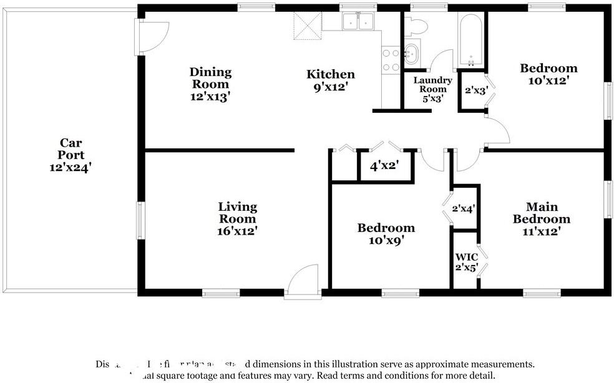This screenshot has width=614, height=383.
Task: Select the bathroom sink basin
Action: [x=411, y=54]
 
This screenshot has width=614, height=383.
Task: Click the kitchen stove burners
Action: [x=391, y=60]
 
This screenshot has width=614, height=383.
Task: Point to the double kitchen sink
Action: [x=358, y=22]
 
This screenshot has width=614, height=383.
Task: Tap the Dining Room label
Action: [x=210, y=78]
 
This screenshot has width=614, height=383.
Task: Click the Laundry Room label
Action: [x=432, y=85]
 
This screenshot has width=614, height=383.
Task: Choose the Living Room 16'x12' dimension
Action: [x=237, y=231]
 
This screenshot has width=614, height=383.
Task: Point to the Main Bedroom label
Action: [x=541, y=213]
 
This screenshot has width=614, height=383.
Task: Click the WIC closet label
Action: [x=466, y=257]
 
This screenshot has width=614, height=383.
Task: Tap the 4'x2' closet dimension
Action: [x=384, y=167]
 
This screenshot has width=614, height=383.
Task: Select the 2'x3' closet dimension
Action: [x=477, y=90]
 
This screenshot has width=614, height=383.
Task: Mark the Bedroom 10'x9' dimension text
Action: [x=386, y=241]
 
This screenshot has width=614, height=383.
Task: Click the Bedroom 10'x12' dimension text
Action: [x=548, y=80]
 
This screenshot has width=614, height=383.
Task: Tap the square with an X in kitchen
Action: [x=307, y=24]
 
